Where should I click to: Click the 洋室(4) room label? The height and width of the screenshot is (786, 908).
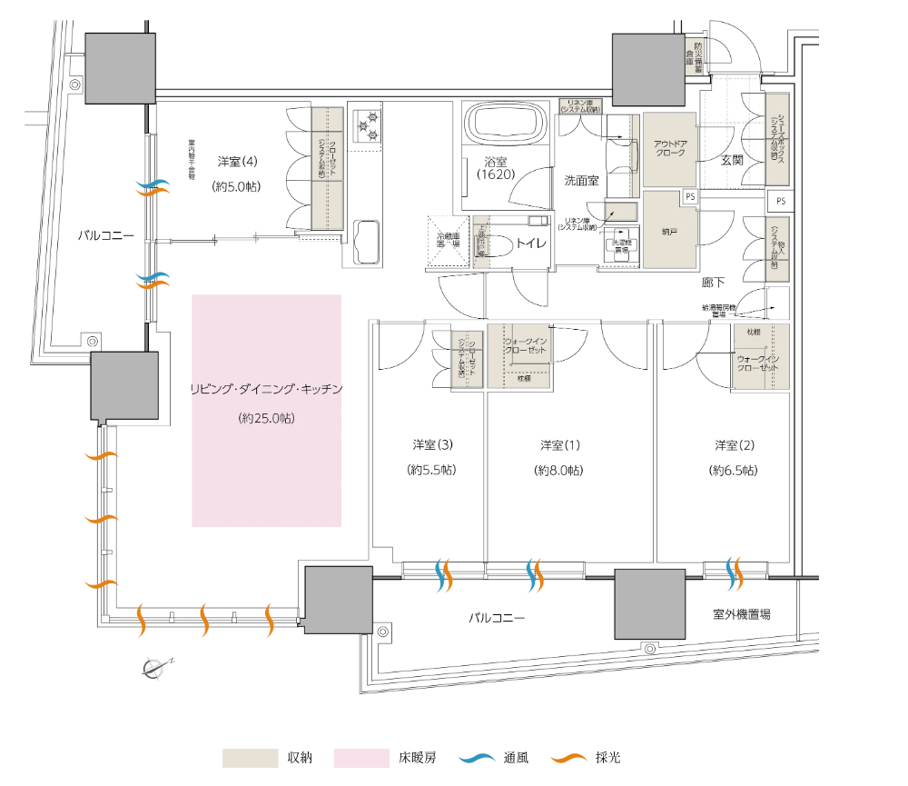pyautogui.click(x=238, y=162)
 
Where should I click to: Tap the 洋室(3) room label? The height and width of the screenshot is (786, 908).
pyautogui.click(x=432, y=445)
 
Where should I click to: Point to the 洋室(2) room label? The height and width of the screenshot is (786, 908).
pyautogui.click(x=735, y=445)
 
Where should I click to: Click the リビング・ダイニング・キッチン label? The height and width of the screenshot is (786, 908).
pyautogui.click(x=266, y=389)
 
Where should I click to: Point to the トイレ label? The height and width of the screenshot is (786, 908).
pyautogui.click(x=528, y=243)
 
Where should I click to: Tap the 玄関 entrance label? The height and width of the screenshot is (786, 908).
pyautogui.click(x=732, y=160)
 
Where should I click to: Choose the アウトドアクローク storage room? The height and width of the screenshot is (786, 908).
pyautogui.click(x=669, y=149)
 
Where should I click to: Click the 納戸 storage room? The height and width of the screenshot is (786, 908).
pyautogui.click(x=670, y=228)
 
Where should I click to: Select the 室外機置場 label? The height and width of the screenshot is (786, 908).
pyautogui.click(x=741, y=615)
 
